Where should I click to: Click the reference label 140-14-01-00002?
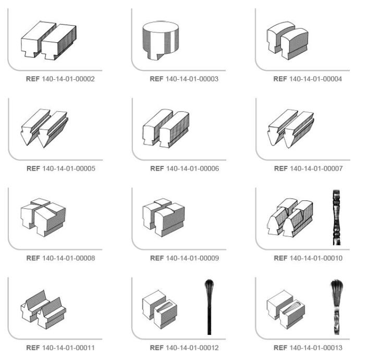coord(60,79)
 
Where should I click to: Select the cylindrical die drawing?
coord(161,41)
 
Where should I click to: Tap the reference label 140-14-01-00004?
coord(308,79)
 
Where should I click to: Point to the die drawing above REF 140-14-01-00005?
coord(44,128)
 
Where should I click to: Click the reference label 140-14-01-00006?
coord(185,169)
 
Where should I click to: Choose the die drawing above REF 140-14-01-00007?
coord(291,128)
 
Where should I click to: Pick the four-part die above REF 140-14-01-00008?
coord(43,218)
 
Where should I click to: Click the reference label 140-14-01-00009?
coord(185,258)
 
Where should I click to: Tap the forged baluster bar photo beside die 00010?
coord(337,218)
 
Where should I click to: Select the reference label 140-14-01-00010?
coord(308,258)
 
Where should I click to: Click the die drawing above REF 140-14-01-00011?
coord(44,309)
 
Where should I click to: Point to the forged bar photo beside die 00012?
coord(209,307)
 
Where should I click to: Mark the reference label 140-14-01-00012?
coord(184,348)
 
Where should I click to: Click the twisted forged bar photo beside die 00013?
coord(337,307)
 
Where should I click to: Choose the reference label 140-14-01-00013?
coord(308,348)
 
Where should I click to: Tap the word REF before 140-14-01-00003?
coord(156,79)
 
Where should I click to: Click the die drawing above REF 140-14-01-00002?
coord(48,40)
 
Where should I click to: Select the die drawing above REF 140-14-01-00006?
coord(166,128)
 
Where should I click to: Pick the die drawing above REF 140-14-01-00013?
coord(286,309)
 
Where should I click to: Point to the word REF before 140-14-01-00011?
coord(33,348)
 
